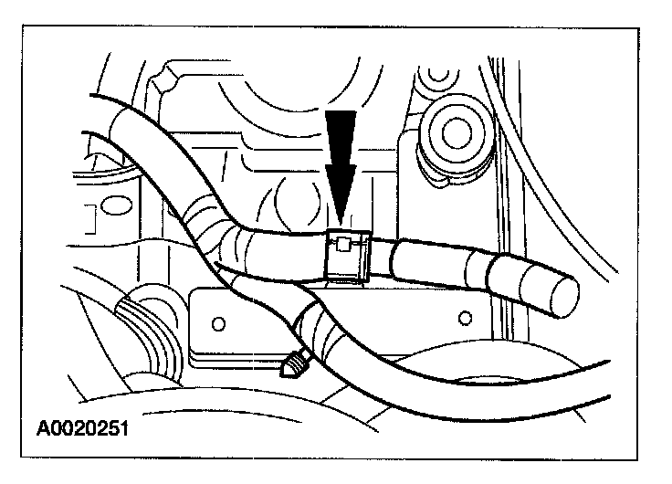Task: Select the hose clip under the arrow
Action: [x=348, y=256]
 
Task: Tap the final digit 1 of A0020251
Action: [x=121, y=427]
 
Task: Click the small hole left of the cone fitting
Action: [x=217, y=323]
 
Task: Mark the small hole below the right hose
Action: [x=466, y=317]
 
